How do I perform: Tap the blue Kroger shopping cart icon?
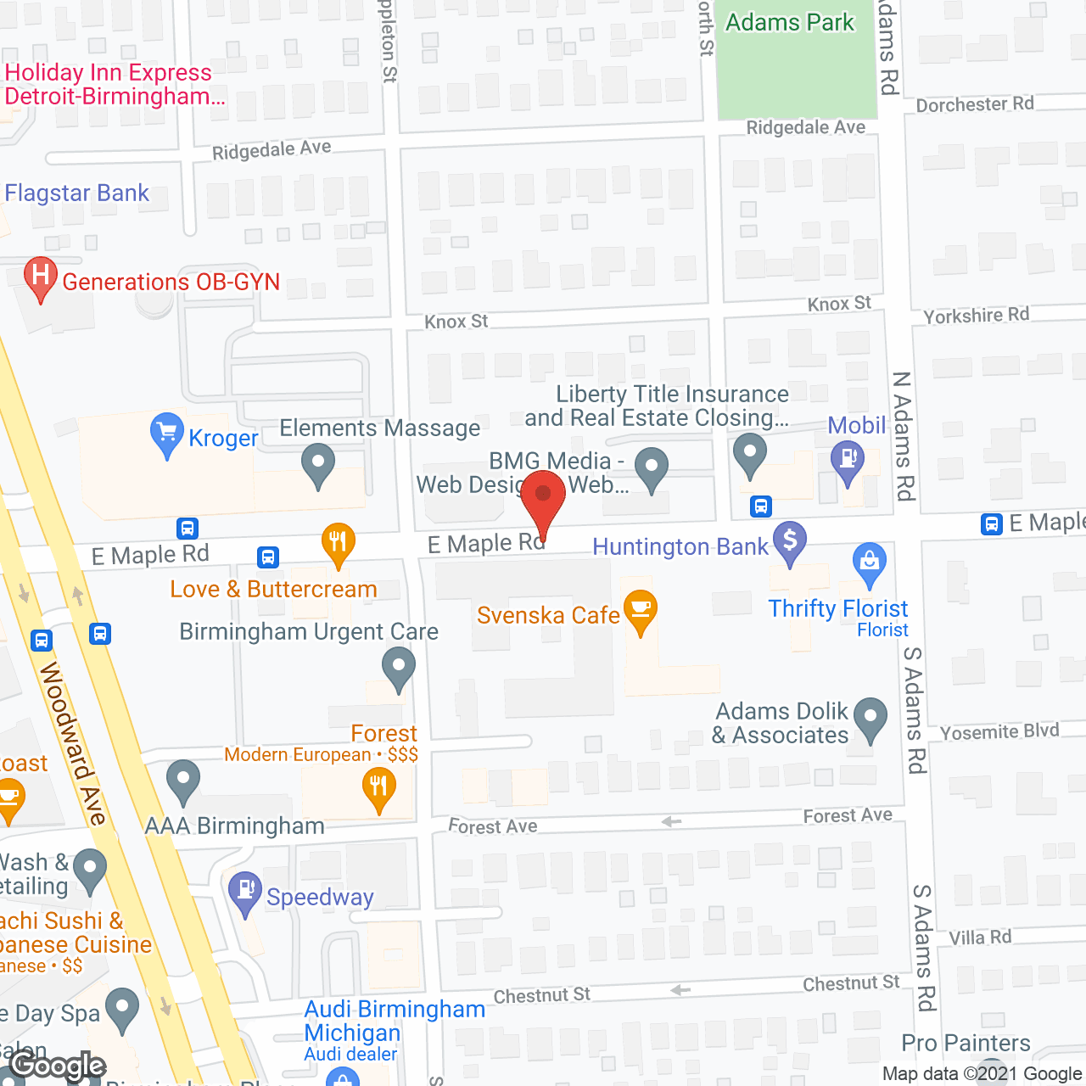(x=167, y=433)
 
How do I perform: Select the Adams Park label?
(x=789, y=22)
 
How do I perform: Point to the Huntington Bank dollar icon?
(x=790, y=540)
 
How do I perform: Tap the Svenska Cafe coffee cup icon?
(x=641, y=609)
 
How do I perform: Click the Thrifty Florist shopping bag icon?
(x=869, y=563)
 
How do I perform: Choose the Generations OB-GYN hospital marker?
(x=40, y=276)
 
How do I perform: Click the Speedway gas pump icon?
(x=245, y=891)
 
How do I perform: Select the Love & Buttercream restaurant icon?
(x=338, y=542)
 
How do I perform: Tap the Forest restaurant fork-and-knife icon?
(x=378, y=787)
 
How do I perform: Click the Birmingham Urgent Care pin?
(x=398, y=666)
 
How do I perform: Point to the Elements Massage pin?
(x=318, y=464)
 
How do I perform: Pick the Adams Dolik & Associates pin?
(x=870, y=718)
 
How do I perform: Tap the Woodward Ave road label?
(x=74, y=743)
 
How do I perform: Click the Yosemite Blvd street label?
(x=999, y=731)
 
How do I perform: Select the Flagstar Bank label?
(x=77, y=193)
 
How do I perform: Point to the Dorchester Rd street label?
(x=975, y=104)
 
